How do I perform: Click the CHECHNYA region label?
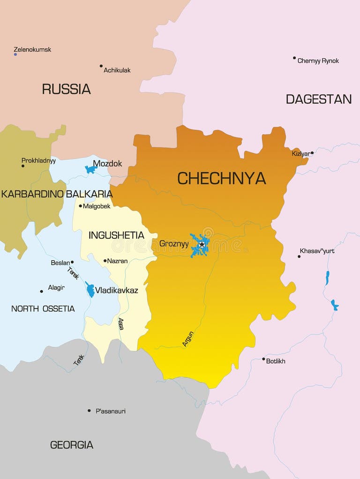[x=221, y=178]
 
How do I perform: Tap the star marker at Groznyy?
[x=202, y=244]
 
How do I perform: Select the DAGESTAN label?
[x=318, y=99]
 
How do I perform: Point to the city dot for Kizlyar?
[x=312, y=152]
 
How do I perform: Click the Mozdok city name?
[x=107, y=164]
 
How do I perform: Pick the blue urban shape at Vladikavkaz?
[x=90, y=289]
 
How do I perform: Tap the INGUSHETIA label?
[x=116, y=235]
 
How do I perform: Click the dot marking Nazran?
[x=105, y=260]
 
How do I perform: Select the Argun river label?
[x=187, y=339]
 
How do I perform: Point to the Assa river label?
[x=121, y=324]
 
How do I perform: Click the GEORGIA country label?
[x=72, y=445]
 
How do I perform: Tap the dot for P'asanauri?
[x=89, y=411]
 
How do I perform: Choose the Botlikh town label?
[x=276, y=361]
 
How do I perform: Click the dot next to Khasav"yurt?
[x=299, y=256]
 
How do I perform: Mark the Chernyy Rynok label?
[x=318, y=61]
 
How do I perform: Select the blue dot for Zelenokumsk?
[x=15, y=54]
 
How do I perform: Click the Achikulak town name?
[x=117, y=70]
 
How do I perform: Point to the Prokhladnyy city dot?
[x=22, y=166]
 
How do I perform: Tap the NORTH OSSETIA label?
[x=43, y=309]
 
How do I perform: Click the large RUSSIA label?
[x=66, y=89]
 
